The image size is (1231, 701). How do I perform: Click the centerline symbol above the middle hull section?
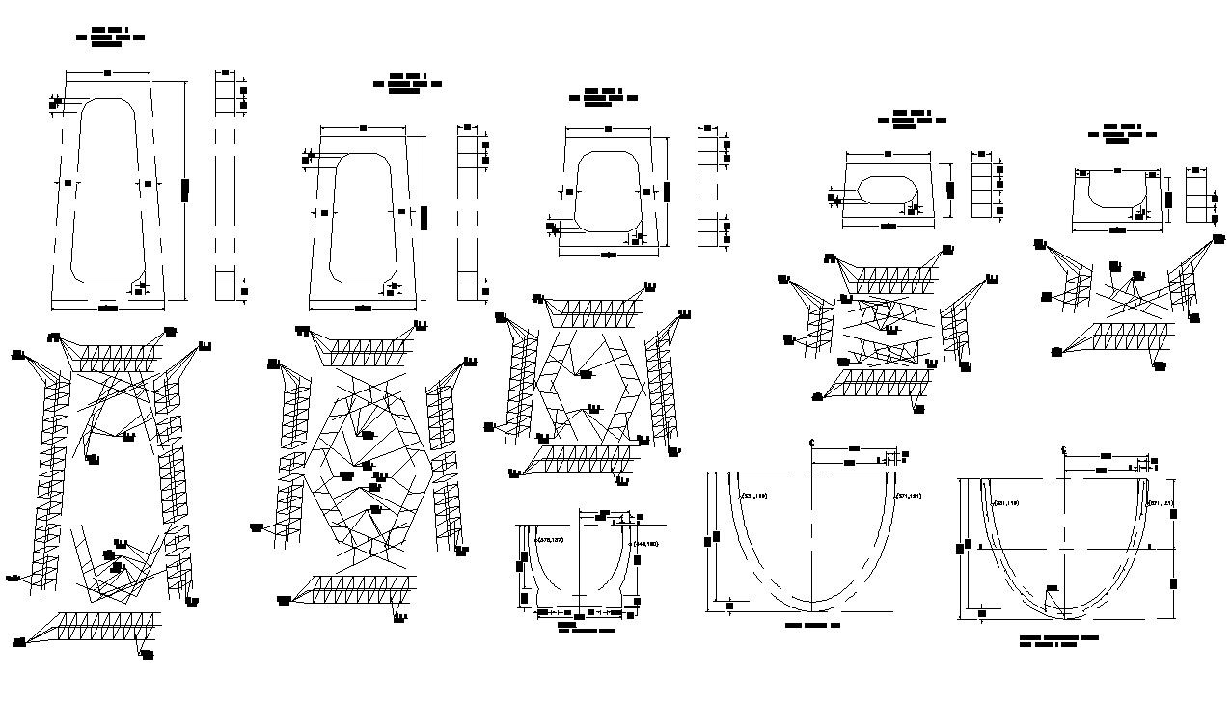[x=812, y=443]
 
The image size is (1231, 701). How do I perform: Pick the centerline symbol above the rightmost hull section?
[x=1063, y=450]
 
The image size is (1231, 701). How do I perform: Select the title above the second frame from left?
[x=407, y=83]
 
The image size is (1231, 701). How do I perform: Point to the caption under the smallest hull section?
[x=586, y=628]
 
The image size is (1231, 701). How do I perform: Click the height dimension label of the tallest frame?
[x=184, y=190]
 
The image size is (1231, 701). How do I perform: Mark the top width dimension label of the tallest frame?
[x=107, y=72]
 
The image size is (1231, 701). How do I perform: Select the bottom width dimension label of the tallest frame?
[x=108, y=308]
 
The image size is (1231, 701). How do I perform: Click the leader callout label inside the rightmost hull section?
[x=1051, y=587]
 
